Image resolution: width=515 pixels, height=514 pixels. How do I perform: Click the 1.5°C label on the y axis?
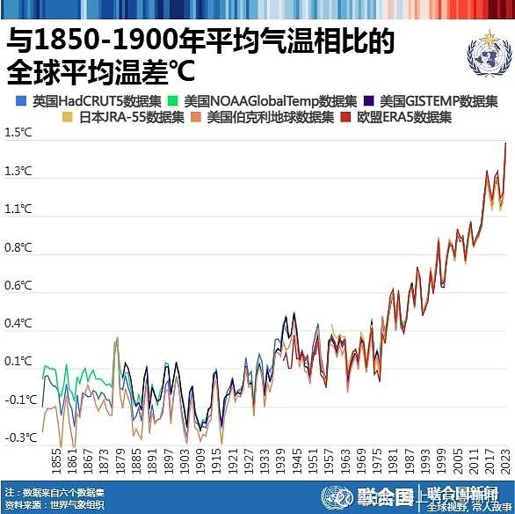[x=18, y=133]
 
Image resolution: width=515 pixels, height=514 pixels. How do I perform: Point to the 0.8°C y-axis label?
[x=18, y=248]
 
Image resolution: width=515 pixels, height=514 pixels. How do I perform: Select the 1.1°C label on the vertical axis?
[x=18, y=209]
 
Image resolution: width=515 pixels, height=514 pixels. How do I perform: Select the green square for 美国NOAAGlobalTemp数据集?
[x=175, y=100]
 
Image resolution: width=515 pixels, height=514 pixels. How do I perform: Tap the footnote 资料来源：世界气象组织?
[x=54, y=505]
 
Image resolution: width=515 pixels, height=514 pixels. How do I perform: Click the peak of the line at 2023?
[x=506, y=143]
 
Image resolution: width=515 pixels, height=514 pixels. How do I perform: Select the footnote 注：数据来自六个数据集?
[x=54, y=493]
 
